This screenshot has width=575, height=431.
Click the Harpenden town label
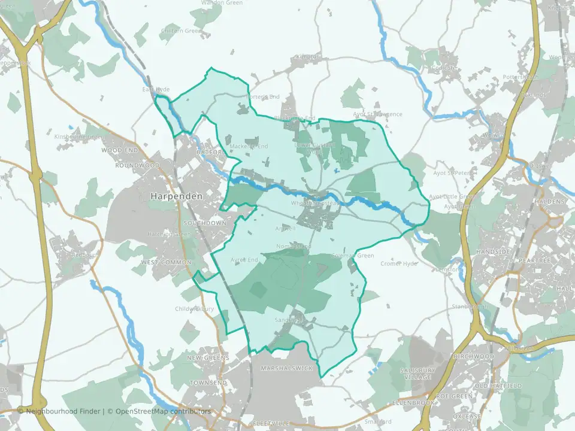point(176,196)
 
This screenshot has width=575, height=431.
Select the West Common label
point(167,262)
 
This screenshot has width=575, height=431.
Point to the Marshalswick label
point(287,368)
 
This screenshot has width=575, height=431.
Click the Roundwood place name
point(138,165)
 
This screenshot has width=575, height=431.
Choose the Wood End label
point(120,150)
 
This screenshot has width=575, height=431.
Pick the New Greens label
point(208,357)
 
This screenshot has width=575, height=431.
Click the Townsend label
point(208,382)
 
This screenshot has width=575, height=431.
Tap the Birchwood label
point(474,356)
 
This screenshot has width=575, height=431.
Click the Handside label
point(492,252)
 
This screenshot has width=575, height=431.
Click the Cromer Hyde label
point(399,263)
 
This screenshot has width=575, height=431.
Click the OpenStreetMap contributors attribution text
point(163,411)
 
